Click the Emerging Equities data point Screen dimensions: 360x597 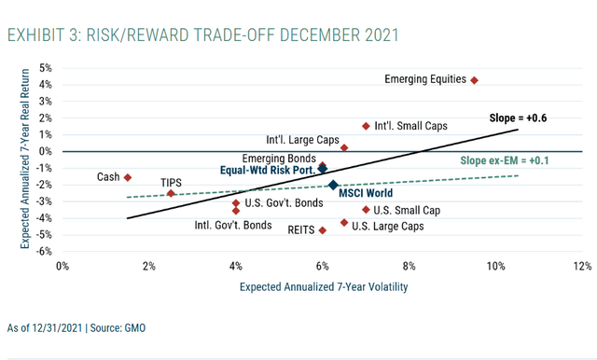pos(474,80)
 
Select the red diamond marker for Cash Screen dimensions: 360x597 pos(128,177)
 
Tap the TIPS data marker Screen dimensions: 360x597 pos(171,194)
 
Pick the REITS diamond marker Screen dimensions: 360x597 pos(323,230)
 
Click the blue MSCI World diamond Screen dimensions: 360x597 pos(333,186)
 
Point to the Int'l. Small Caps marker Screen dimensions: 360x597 pos(366,126)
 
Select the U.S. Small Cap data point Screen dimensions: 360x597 pos(366,210)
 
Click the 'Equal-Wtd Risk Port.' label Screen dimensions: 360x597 pos(266,171)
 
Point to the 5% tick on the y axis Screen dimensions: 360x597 pos(45,68)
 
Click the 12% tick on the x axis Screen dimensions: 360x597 pos(583,267)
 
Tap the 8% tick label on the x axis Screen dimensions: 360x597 pos(410,267)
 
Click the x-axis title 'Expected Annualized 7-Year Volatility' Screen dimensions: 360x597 pos(322,288)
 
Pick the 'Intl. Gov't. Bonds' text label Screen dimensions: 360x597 pos(233,225)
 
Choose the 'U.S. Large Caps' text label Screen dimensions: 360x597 pos(389,226)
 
